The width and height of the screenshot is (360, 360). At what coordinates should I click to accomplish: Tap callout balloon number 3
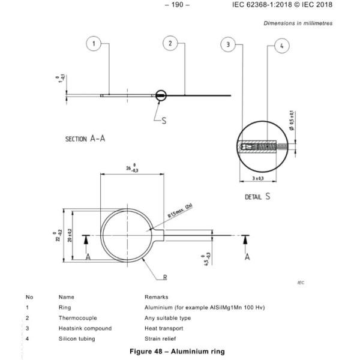click(228, 44)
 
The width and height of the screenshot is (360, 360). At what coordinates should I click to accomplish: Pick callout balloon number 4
click(281, 46)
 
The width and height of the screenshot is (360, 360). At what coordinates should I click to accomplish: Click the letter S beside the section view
click(164, 121)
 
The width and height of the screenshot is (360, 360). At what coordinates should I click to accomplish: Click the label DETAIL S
click(257, 196)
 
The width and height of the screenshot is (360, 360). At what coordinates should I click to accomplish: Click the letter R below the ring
click(164, 277)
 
